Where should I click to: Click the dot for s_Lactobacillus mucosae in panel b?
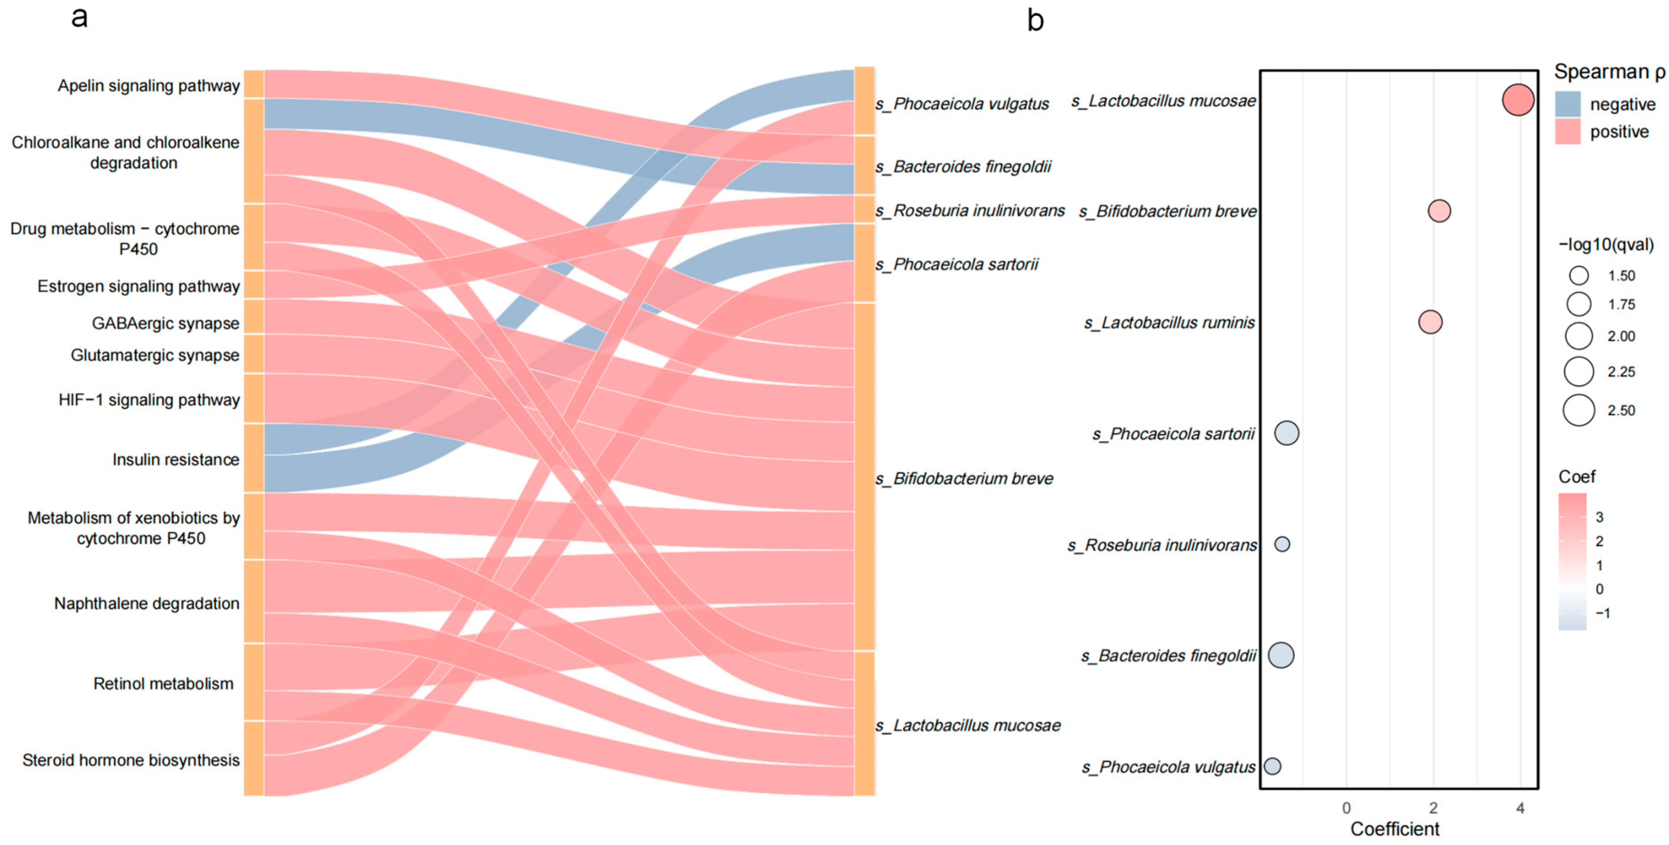(x=1517, y=101)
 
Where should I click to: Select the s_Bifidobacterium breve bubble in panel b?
(x=1438, y=211)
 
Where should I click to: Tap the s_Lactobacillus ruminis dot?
(x=1430, y=321)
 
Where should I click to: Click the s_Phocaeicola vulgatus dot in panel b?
(x=1272, y=766)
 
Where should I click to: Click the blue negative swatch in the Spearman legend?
(x=1567, y=104)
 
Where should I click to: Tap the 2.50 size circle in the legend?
(x=1578, y=410)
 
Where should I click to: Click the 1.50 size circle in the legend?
(x=1578, y=275)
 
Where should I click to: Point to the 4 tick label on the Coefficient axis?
(x=1520, y=808)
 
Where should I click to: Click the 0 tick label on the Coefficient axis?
(x=1346, y=808)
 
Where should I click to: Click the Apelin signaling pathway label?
(x=148, y=86)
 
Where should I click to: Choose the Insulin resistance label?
(x=176, y=459)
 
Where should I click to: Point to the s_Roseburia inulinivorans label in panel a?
(x=970, y=211)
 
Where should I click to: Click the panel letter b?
(x=1036, y=21)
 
